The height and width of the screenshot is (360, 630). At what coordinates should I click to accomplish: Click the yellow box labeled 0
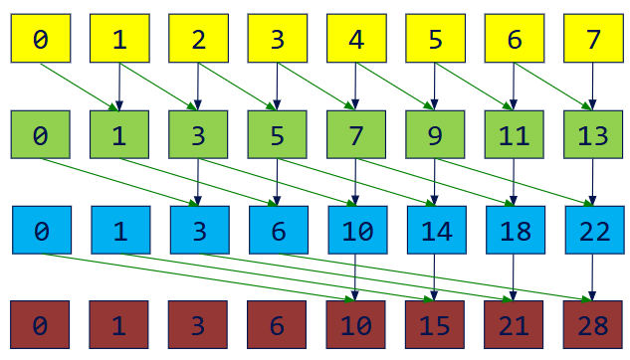point(41,40)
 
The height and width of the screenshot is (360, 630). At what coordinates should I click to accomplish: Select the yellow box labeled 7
point(593,40)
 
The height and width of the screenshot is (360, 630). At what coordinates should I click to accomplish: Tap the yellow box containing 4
point(356,40)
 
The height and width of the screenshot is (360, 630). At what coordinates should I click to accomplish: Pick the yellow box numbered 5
point(435,40)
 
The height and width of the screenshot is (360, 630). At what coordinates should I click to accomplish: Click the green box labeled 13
point(593,135)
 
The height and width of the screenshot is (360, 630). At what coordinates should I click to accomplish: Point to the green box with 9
point(435,135)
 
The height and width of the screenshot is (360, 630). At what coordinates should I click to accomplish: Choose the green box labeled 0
point(41,135)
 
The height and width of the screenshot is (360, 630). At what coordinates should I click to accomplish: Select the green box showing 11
point(515,135)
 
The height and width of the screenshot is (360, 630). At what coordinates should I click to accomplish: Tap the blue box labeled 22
point(593,231)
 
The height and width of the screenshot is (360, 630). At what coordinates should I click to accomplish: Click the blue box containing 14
point(435,231)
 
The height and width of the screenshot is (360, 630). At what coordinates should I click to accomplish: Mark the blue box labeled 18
point(515,231)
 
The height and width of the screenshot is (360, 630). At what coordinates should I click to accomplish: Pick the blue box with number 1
point(119,231)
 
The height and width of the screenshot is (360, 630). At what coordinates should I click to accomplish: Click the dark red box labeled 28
point(593,324)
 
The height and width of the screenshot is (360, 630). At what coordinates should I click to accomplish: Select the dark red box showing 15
point(435,324)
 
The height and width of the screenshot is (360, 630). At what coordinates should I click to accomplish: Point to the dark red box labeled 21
point(515,324)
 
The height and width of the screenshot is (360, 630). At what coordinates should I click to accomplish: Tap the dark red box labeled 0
point(41,324)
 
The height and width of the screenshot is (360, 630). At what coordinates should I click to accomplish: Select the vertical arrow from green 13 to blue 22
point(593,183)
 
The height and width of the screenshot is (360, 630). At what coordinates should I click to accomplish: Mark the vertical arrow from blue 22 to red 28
point(593,277)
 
